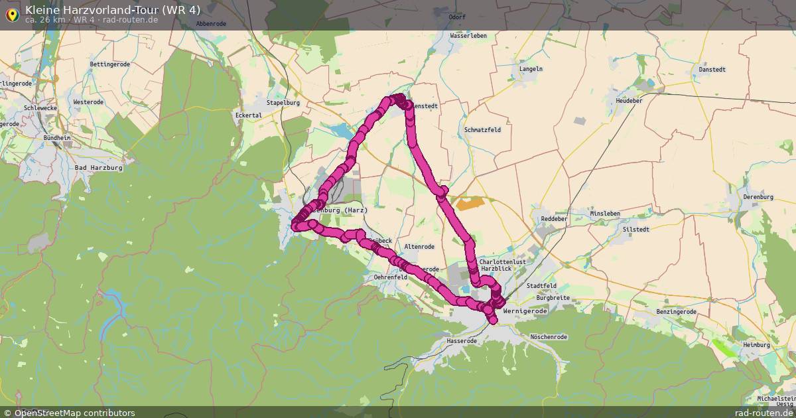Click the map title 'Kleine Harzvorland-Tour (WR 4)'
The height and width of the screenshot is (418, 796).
pos(113,9)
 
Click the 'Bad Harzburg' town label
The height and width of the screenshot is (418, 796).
pos(99,168)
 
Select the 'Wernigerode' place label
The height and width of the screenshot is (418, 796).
pos(525,311)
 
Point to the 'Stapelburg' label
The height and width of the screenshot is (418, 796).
pos(283,103)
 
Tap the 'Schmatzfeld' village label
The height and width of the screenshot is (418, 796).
pos(483,130)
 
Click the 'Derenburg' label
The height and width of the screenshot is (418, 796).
pos(758,197)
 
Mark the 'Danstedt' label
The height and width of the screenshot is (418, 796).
pos(713,70)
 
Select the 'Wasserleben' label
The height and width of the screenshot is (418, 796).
pos(468,36)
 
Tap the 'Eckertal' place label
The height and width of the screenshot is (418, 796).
pos(249,115)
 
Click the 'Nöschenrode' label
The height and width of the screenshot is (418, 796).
pos(549,337)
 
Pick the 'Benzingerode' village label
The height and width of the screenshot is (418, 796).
pos(676,311)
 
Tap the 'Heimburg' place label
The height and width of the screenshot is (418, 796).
pos(756,345)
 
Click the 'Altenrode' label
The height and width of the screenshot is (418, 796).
pos(419,247)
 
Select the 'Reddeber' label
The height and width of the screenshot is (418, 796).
pos(555,218)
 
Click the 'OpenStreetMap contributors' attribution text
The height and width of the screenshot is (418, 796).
pos(74,413)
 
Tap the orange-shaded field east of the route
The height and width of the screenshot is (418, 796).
pos(468,203)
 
